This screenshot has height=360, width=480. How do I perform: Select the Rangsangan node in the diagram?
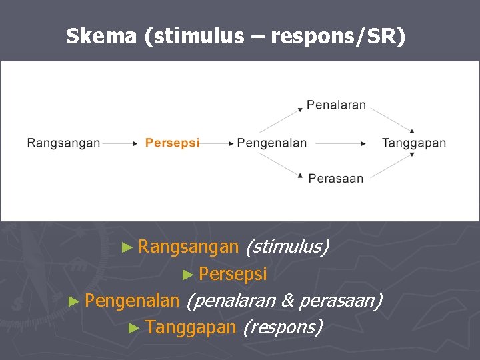point(63,143)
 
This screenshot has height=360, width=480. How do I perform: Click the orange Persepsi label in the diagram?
point(172,143)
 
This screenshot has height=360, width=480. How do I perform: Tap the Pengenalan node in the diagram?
point(272,143)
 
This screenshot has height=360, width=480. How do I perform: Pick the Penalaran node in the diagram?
point(337,105)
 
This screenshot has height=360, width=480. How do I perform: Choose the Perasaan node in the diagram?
point(336,179)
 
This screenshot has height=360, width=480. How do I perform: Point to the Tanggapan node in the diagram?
point(413,143)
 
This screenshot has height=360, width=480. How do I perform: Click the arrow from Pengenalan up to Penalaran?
point(280,119)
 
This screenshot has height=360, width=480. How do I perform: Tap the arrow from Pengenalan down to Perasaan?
point(280,165)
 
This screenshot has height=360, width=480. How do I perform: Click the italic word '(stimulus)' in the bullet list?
point(287,247)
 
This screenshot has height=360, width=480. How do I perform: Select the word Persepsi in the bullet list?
point(233,274)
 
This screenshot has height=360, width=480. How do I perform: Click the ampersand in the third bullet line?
point(287,301)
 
